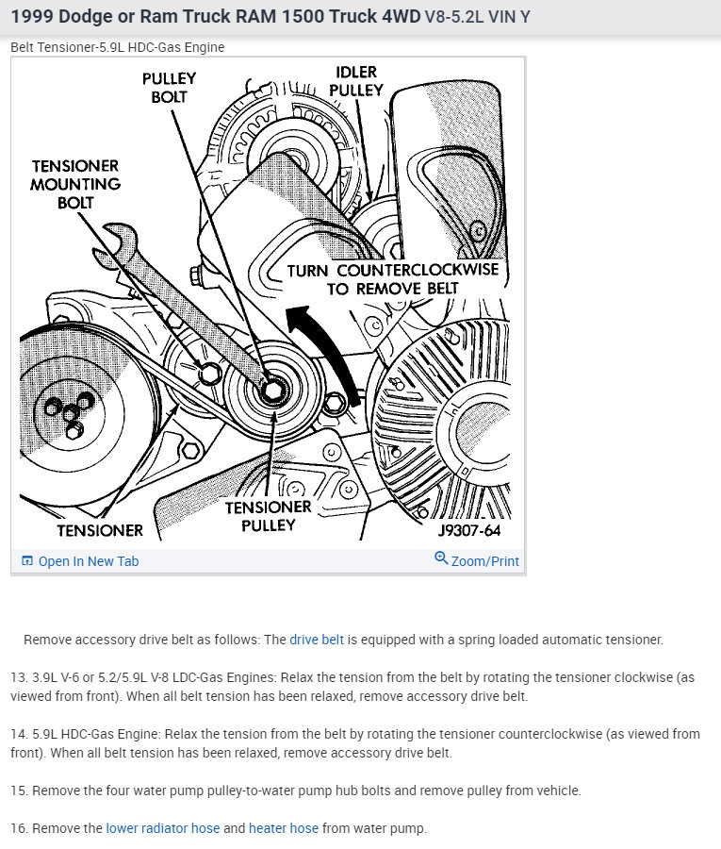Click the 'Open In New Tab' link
click(88, 561)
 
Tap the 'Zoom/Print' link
click(484, 560)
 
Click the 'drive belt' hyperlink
click(317, 640)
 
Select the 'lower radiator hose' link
click(162, 828)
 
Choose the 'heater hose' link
click(283, 828)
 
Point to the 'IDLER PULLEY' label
click(356, 81)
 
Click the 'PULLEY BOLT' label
click(169, 88)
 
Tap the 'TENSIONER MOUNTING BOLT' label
click(75, 184)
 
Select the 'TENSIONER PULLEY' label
click(268, 516)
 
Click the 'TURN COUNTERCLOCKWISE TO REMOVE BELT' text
click(392, 279)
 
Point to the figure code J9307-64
click(468, 530)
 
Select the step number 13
click(18, 677)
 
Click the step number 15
click(18, 791)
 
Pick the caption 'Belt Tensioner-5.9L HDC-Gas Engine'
click(118, 47)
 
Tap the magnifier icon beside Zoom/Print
click(440, 558)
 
